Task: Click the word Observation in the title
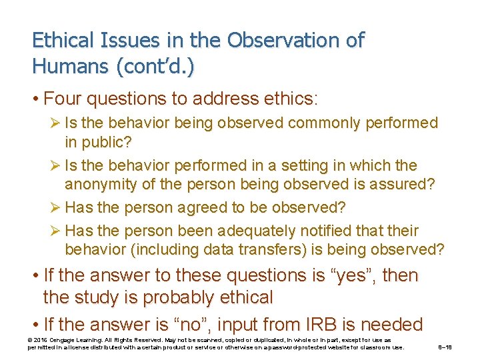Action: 287,40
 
